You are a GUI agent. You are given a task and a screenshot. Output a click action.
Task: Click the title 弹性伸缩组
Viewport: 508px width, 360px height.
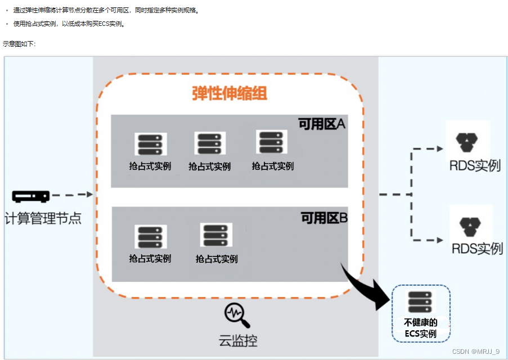click(229, 93)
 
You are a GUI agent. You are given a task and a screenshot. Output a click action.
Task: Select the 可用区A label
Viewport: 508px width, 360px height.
click(321, 124)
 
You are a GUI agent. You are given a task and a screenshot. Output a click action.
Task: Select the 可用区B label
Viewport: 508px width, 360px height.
click(323, 218)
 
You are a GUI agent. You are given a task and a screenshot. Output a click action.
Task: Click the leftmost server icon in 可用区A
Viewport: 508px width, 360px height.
click(151, 145)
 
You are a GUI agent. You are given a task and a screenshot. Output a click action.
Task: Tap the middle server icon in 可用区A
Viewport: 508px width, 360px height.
click(210, 143)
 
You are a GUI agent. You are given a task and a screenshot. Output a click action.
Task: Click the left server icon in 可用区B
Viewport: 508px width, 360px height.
click(151, 237)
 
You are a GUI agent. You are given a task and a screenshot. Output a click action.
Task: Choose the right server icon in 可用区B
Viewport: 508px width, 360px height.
click(216, 235)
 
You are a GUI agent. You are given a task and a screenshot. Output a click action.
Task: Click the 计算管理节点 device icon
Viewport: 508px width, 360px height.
click(31, 196)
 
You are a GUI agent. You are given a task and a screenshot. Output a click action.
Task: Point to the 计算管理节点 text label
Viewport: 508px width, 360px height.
click(43, 218)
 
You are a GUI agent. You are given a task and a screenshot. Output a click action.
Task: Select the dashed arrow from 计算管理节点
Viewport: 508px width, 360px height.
click(72, 195)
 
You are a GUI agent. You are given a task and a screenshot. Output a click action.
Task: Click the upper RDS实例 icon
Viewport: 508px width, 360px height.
click(467, 142)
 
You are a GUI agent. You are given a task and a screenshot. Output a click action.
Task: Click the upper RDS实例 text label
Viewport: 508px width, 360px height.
click(475, 166)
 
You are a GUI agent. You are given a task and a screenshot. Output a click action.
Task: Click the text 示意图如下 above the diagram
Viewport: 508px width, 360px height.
click(19, 43)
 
